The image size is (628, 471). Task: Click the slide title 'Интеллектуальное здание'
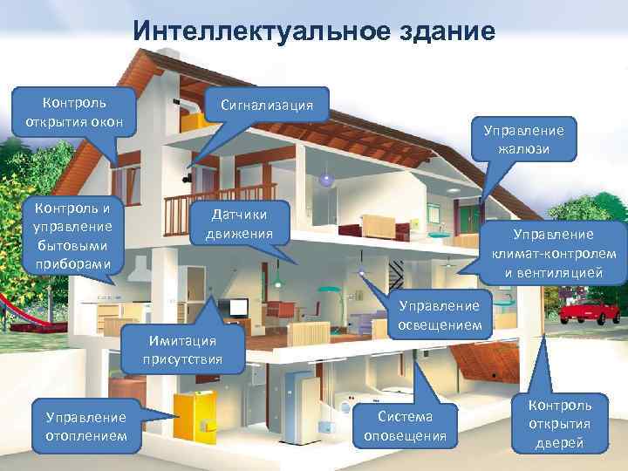[x=314, y=32]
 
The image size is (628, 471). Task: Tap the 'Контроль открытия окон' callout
[x=74, y=110]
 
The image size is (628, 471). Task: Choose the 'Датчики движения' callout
[x=239, y=225]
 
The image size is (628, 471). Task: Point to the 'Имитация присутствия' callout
[x=185, y=349]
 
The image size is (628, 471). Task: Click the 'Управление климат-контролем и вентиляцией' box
[x=553, y=253]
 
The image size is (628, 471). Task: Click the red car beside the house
[x=593, y=311]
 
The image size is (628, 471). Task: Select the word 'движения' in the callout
[x=239, y=234]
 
